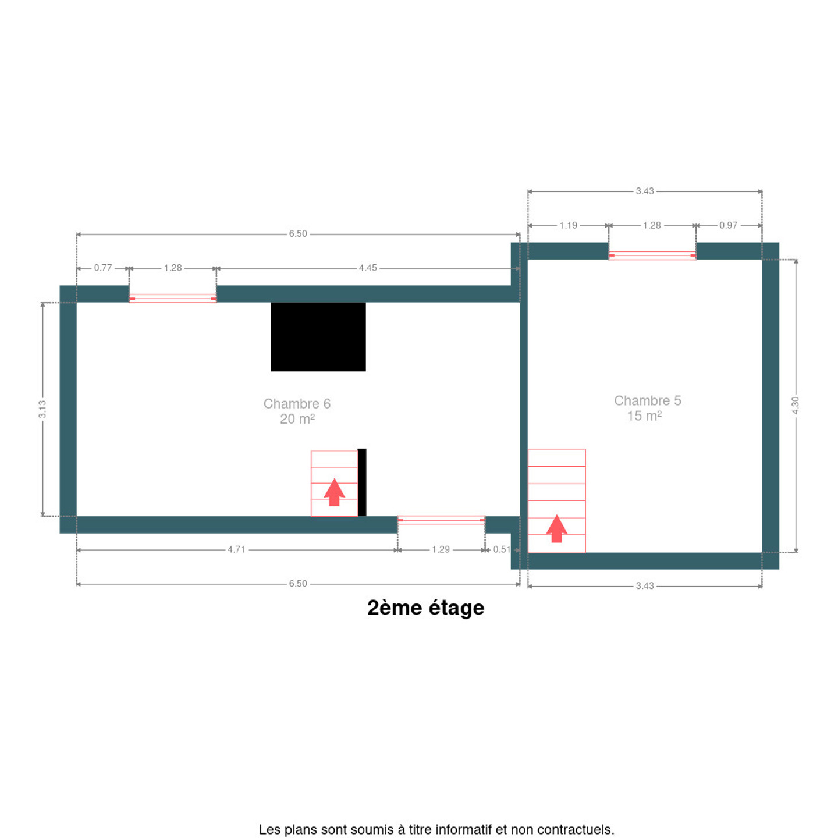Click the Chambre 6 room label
click(297, 403)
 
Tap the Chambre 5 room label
click(647, 400)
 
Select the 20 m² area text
click(297, 419)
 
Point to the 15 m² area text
click(644, 416)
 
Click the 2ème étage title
click(425, 608)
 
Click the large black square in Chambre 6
click(318, 336)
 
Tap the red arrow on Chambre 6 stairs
click(334, 492)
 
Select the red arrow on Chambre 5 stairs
click(556, 529)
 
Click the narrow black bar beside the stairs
click(362, 482)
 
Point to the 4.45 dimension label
click(367, 268)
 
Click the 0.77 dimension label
click(103, 268)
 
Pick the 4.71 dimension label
click(236, 550)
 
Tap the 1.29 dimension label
click(441, 550)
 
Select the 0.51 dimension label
click(502, 550)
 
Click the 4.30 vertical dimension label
click(796, 405)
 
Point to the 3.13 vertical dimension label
click(42, 409)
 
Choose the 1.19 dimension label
click(568, 225)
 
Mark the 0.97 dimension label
click(728, 225)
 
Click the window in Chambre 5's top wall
click(652, 255)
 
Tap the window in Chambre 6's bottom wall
click(441, 520)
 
